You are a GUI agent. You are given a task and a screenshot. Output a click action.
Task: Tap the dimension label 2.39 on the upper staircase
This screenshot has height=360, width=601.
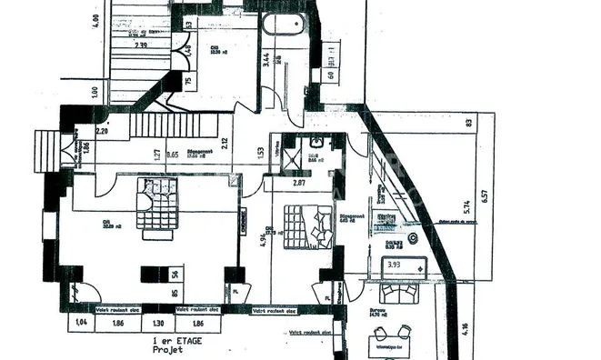141,44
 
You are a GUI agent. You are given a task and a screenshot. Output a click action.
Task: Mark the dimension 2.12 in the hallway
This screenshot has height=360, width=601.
224,142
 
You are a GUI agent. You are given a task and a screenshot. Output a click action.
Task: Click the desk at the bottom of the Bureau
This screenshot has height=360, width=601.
393,345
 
